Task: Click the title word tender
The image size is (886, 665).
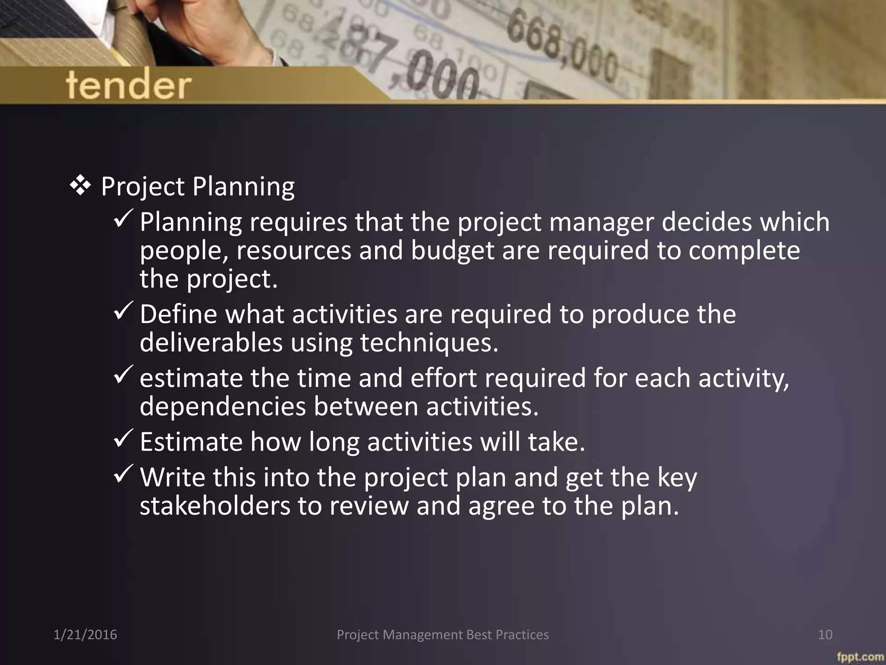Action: [128, 85]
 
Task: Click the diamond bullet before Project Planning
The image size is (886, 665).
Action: [80, 186]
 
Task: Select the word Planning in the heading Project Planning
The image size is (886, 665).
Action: [243, 187]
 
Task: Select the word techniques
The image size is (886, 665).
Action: [429, 342]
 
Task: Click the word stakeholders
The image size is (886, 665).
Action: [215, 506]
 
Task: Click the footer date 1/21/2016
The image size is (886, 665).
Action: [85, 635]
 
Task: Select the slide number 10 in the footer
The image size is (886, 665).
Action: [825, 635]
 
